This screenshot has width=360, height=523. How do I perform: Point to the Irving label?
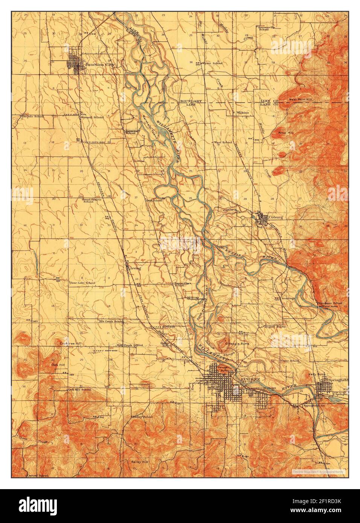[136, 269]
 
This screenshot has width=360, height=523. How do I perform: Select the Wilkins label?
[243, 112]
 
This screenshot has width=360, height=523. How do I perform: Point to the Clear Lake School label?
[82, 283]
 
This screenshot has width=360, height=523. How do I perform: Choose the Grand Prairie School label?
[88, 199]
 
